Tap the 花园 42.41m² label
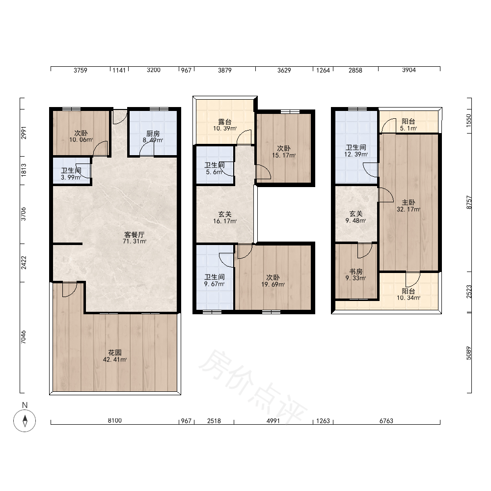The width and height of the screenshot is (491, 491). point(114,356)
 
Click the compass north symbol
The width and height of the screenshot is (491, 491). point(25,420)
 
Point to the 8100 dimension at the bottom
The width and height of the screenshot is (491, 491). point(114,421)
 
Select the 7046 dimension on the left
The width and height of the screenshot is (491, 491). point(24,337)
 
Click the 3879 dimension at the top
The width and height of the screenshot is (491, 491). point(224,70)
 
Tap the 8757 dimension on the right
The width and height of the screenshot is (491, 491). point(468,202)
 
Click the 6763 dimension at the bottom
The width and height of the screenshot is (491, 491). point(386,421)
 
